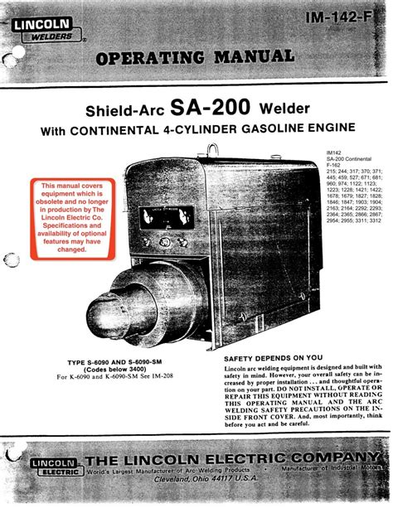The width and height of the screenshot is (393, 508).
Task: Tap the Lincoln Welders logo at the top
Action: pyautogui.click(x=47, y=33)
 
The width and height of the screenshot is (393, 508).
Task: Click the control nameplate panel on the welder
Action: pyautogui.click(x=166, y=216)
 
